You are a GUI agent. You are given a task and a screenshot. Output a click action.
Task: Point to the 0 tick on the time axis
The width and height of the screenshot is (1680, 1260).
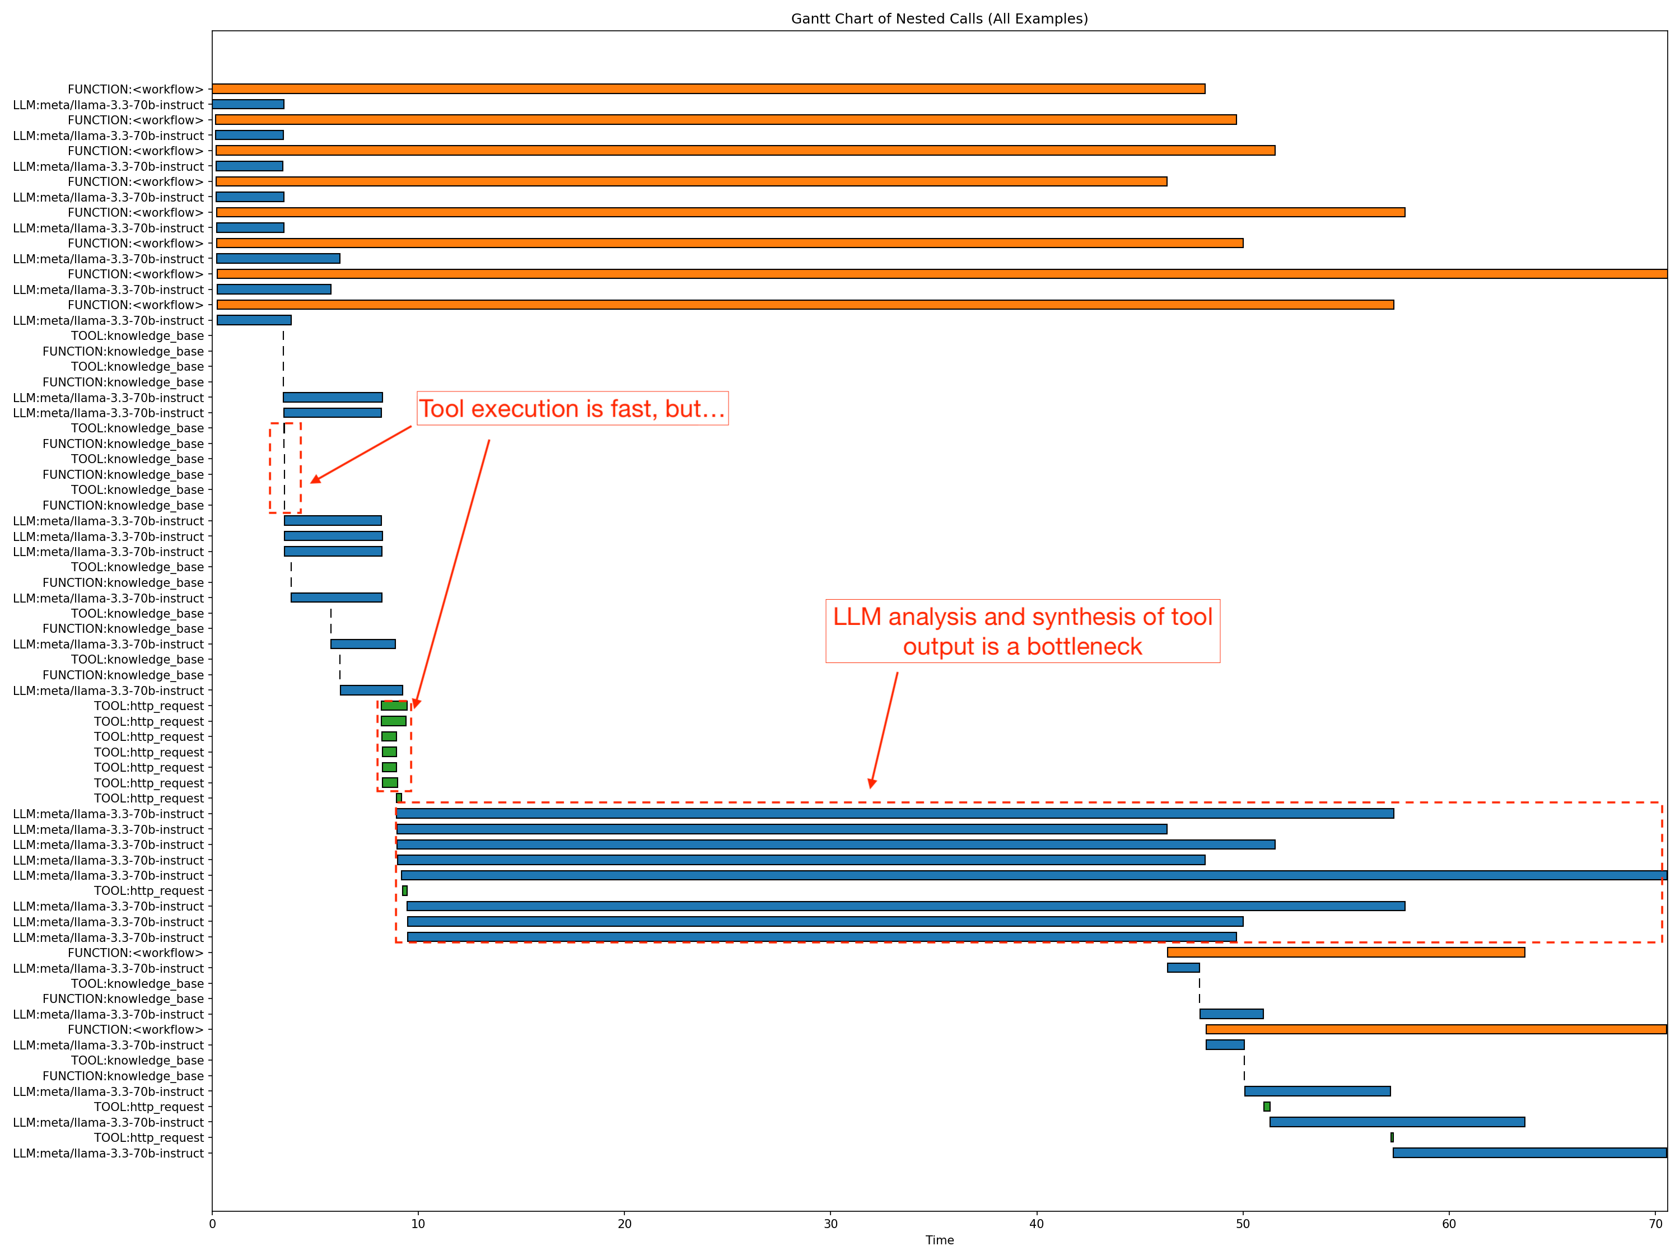(212, 1224)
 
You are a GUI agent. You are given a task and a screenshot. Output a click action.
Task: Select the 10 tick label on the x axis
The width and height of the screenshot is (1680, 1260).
(418, 1224)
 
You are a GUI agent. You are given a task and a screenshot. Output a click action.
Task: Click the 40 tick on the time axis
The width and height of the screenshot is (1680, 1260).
(1036, 1224)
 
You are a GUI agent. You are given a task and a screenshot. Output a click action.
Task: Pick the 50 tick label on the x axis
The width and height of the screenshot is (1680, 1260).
(1243, 1224)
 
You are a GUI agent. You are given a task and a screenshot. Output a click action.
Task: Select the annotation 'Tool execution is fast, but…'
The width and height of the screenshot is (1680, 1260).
(572, 409)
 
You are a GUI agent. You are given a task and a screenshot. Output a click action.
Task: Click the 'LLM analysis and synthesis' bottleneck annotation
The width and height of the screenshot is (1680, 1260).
(1022, 631)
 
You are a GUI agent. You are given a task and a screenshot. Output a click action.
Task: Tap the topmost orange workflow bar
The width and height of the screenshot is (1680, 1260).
(708, 89)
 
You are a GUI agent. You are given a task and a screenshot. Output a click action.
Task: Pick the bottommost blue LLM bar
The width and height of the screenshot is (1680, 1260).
(1529, 1153)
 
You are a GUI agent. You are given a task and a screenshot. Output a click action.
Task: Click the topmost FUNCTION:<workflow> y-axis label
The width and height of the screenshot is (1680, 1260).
(135, 90)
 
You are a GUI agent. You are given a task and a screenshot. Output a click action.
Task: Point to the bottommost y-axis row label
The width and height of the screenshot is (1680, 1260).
(108, 1154)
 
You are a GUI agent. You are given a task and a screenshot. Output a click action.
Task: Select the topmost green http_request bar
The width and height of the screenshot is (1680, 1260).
(394, 706)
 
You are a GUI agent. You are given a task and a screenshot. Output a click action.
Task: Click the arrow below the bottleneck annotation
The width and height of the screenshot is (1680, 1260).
(884, 729)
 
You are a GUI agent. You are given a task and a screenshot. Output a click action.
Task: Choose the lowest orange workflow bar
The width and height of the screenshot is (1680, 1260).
(1435, 1029)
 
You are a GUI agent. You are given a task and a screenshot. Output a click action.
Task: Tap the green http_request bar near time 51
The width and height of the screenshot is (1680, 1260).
(1266, 1107)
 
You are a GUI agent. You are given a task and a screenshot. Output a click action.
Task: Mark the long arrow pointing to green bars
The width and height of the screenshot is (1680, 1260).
(452, 573)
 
